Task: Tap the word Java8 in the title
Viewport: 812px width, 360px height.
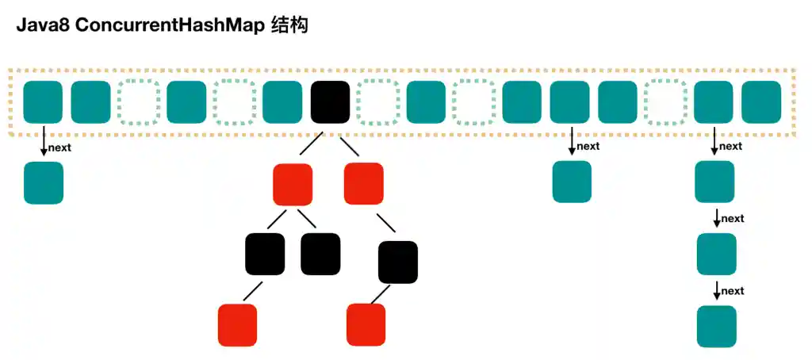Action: [x=40, y=25]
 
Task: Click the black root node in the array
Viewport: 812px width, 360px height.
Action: [x=330, y=102]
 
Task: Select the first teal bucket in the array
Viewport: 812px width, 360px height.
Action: [x=43, y=102]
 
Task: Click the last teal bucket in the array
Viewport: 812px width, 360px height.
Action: [x=761, y=102]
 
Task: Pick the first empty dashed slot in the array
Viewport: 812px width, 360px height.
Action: [x=138, y=102]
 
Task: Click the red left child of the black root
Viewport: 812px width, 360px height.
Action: [x=293, y=184]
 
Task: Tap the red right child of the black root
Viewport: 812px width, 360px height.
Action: [x=364, y=182]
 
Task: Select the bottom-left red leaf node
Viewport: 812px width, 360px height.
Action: [x=238, y=325]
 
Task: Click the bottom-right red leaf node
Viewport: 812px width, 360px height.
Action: [x=366, y=324]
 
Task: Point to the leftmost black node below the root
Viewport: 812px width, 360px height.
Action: [x=265, y=254]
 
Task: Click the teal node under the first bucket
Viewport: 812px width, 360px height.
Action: [x=44, y=182]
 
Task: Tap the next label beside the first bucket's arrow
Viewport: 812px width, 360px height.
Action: [x=60, y=147]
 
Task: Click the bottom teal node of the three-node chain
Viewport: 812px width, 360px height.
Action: [x=717, y=326]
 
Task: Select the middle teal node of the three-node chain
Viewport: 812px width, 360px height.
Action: [x=717, y=254]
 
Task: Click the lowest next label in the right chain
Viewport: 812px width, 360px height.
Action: [x=733, y=291]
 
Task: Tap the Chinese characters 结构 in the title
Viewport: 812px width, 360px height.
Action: [x=289, y=25]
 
